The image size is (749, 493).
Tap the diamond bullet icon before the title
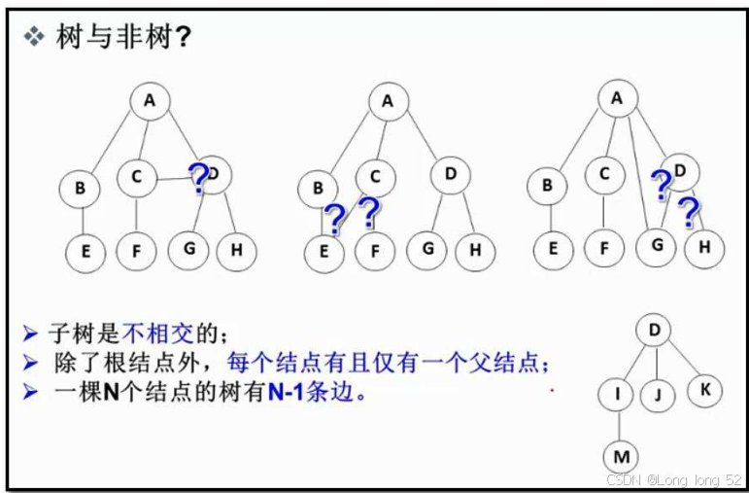pos(34,37)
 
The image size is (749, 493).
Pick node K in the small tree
pos(704,391)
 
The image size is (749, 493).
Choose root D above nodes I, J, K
pos(654,331)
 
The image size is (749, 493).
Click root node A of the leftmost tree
pos(149,99)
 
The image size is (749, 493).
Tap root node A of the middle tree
pos(388,101)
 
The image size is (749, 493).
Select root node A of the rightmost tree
pos(617,96)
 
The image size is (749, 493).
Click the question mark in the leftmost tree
pos(198,177)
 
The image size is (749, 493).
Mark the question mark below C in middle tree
pos(368,212)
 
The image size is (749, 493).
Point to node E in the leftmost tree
pos(85,251)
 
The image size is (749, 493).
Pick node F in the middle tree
pos(375,250)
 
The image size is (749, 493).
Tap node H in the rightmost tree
pos(704,247)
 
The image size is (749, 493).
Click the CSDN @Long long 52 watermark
pos(673,480)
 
